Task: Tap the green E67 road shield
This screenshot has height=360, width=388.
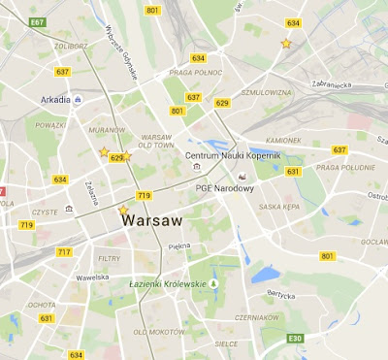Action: [x=38, y=21]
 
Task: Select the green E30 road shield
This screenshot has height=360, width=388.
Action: [x=296, y=339]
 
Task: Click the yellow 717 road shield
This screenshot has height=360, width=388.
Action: [x=64, y=252]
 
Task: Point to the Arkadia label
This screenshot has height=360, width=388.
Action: [x=55, y=99]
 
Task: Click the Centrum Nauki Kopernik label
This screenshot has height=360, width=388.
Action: [x=233, y=155]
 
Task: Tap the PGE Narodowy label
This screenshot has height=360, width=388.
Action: [x=224, y=188]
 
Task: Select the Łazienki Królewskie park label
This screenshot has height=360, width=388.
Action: [x=167, y=283]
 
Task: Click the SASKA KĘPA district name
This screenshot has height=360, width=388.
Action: [x=277, y=207]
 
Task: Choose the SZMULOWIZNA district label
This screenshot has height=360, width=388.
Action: [x=267, y=92]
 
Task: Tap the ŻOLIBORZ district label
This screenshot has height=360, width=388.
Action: [x=71, y=46]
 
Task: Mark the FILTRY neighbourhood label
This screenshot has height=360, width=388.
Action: [x=110, y=258]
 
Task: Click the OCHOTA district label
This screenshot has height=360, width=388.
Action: [x=41, y=304]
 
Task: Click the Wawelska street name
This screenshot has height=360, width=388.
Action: [x=93, y=277]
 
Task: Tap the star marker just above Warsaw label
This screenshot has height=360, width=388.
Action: [x=122, y=210]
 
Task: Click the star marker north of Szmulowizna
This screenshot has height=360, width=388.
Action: [x=285, y=43]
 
